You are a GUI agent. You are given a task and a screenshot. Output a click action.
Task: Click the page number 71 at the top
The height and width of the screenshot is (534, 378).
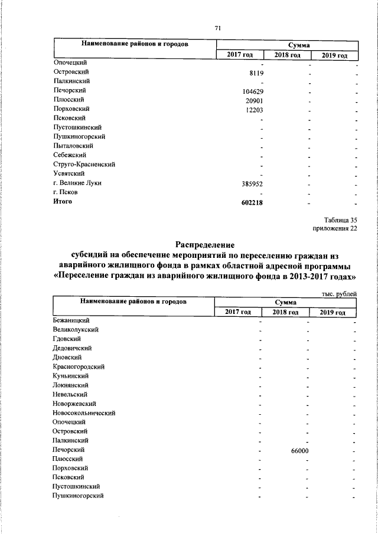coord(217,29)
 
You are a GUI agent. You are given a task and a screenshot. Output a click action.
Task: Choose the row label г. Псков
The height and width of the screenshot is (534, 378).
coord(66,192)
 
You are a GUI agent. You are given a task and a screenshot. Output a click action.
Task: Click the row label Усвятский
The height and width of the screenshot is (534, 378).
coord(69,173)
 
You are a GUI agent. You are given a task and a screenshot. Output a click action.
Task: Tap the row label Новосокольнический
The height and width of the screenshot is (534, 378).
coord(83,413)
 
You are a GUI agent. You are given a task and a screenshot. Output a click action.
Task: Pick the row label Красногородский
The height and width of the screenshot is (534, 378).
coord(77,366)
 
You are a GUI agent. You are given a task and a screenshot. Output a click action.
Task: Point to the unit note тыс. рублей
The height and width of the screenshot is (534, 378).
coord(339,294)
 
